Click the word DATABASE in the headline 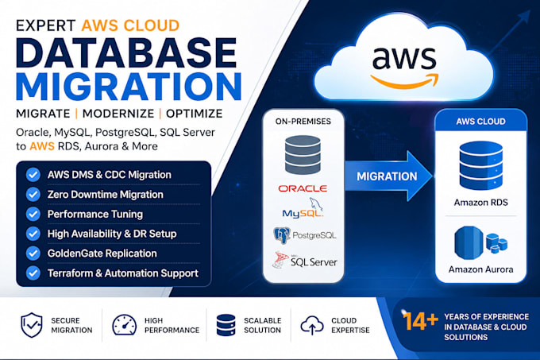click(126, 52)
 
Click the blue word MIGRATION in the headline click(129, 86)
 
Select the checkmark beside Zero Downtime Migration click(33, 194)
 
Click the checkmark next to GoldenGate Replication click(33, 254)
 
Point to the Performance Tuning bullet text click(95, 214)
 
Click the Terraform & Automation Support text click(123, 273)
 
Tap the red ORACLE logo click(303, 188)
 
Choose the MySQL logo click(303, 208)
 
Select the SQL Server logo click(305, 260)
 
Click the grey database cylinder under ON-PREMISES click(303, 154)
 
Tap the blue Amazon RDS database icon click(480, 165)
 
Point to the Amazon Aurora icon click(480, 242)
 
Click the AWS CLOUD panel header click(480, 121)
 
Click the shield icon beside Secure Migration click(32, 325)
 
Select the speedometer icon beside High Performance click(125, 324)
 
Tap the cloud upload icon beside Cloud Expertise click(312, 325)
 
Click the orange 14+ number click(420, 321)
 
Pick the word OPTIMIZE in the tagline click(195, 114)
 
